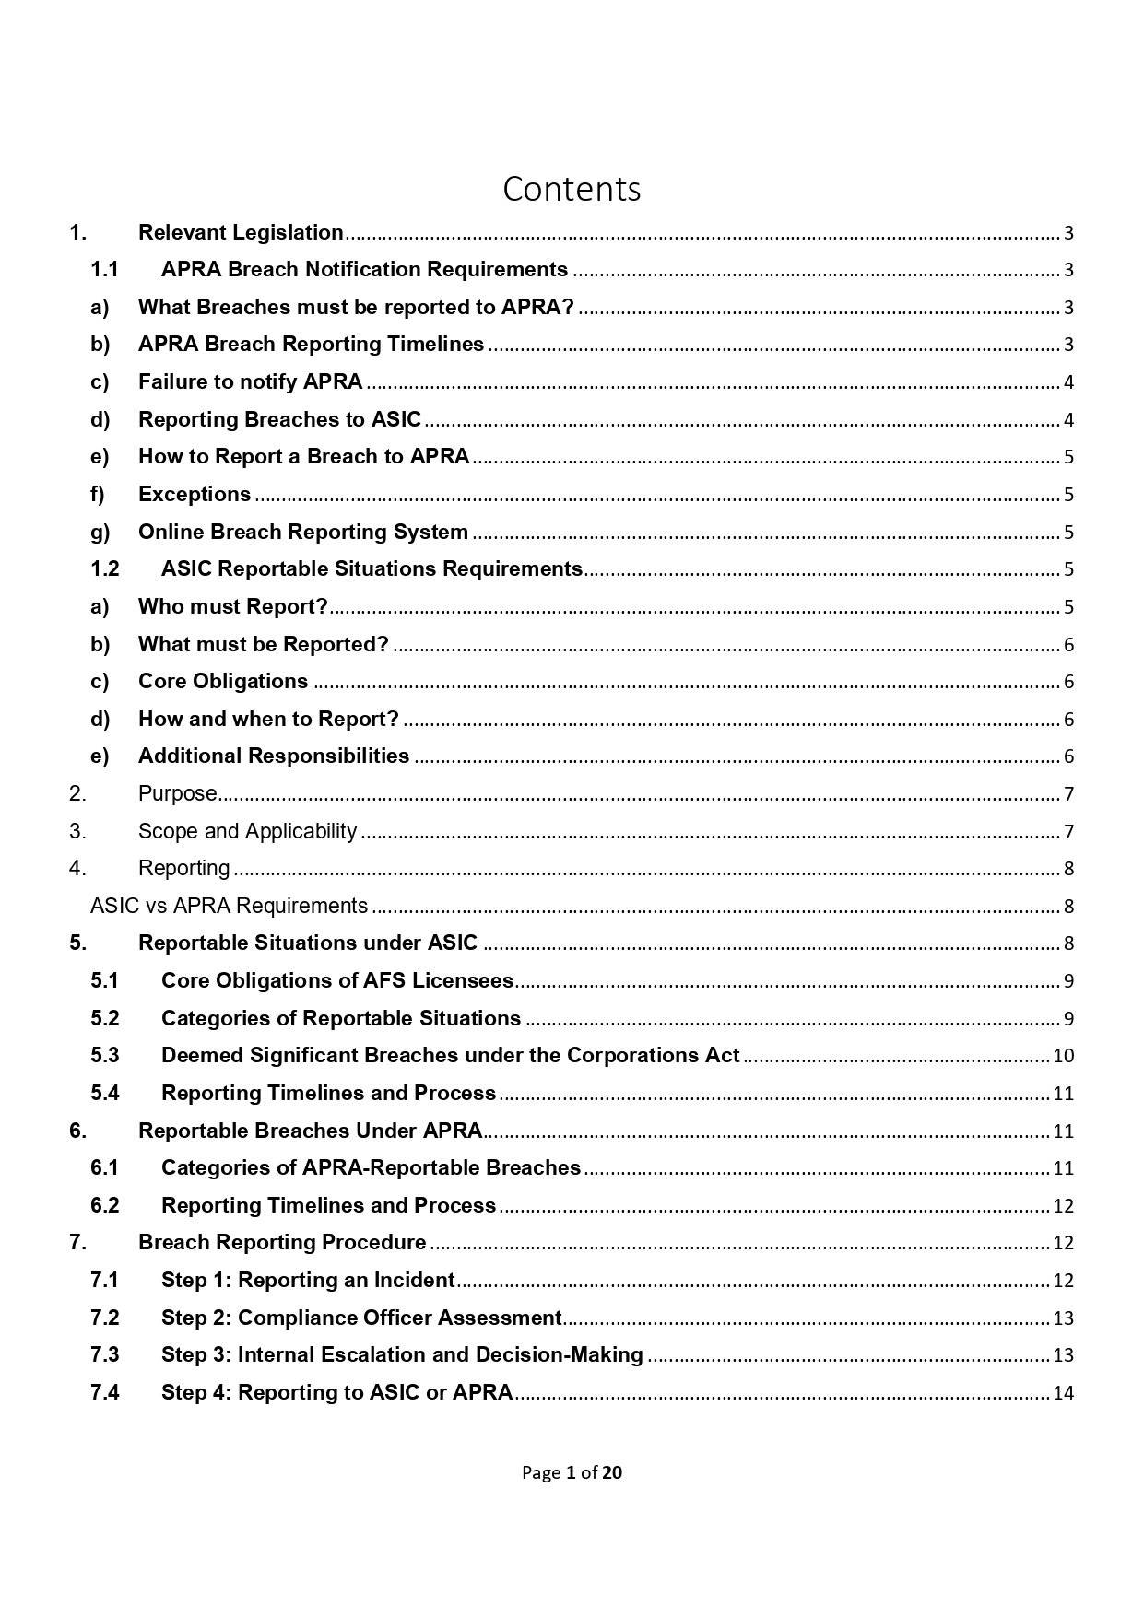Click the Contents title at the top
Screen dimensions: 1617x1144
pyautogui.click(x=572, y=189)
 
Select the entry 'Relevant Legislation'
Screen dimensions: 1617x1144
pyautogui.click(x=241, y=232)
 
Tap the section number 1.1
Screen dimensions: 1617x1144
pyautogui.click(x=104, y=270)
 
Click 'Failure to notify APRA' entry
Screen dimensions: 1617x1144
pyautogui.click(x=250, y=381)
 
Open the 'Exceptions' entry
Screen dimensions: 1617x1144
pyautogui.click(x=195, y=494)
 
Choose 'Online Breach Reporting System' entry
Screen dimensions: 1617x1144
pyautogui.click(x=302, y=532)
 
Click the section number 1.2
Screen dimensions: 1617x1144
pyautogui.click(x=104, y=568)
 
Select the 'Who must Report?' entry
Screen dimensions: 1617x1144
pyautogui.click(x=233, y=606)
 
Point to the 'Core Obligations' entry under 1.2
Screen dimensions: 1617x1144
pyautogui.click(x=223, y=681)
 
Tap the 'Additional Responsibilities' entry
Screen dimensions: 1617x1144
pyautogui.click(x=274, y=756)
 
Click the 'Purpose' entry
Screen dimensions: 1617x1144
pyautogui.click(x=178, y=793)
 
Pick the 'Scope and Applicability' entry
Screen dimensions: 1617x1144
pyautogui.click(x=247, y=831)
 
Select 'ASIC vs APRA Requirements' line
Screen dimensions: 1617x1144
pyautogui.click(x=229, y=906)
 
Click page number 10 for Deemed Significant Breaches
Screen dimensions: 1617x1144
pyautogui.click(x=1063, y=1056)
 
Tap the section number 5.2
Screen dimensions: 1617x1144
pyautogui.click(x=104, y=1018)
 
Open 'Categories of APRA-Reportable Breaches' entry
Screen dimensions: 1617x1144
pyautogui.click(x=371, y=1167)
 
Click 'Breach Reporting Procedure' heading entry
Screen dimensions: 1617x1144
pyautogui.click(x=282, y=1242)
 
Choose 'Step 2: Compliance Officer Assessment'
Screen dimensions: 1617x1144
pyautogui.click(x=361, y=1318)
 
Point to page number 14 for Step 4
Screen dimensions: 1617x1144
pyautogui.click(x=1063, y=1392)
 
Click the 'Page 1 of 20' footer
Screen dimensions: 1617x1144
pyautogui.click(x=572, y=1472)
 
